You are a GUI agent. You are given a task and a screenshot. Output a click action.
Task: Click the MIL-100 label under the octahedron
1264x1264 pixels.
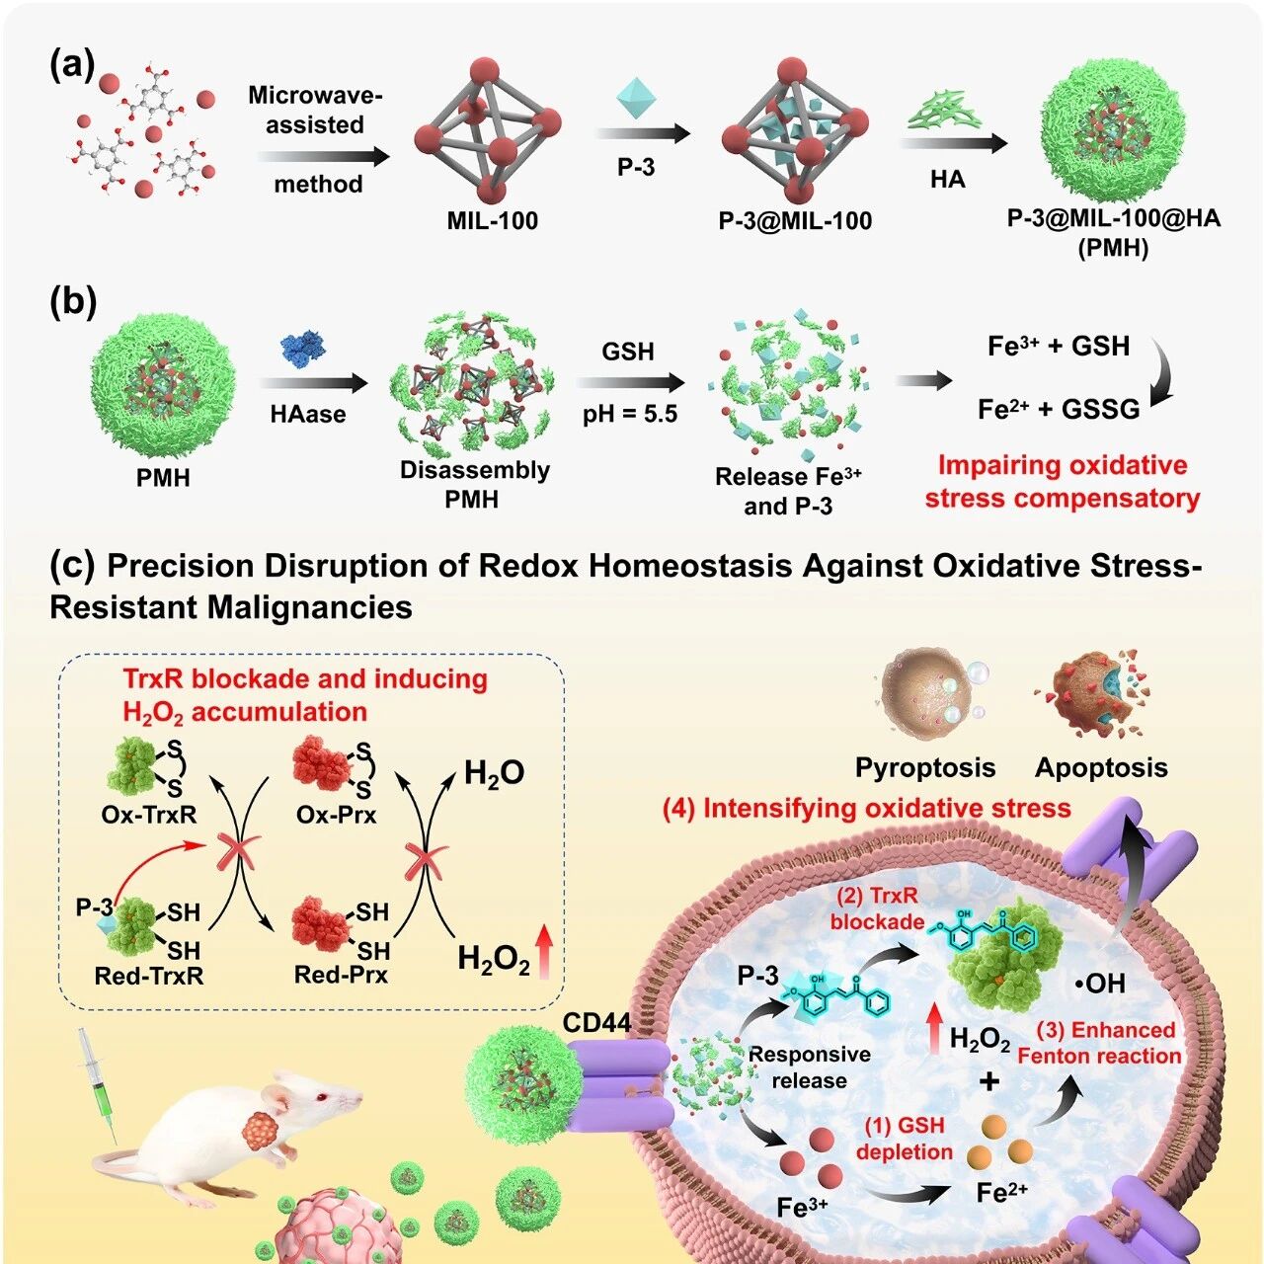pyautogui.click(x=492, y=220)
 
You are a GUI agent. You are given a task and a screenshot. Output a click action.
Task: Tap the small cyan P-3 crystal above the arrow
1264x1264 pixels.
pyautogui.click(x=636, y=100)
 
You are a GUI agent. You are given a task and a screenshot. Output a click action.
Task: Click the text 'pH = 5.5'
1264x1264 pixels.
pyautogui.click(x=629, y=413)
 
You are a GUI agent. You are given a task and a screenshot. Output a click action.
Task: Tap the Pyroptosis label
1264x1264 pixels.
pyautogui.click(x=924, y=767)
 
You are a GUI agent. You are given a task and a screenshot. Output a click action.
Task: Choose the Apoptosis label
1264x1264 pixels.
pyautogui.click(x=1101, y=767)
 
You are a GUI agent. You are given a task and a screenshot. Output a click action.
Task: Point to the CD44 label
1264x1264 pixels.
pyautogui.click(x=596, y=1023)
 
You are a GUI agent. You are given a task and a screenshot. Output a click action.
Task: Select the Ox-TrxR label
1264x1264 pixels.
pyautogui.click(x=148, y=816)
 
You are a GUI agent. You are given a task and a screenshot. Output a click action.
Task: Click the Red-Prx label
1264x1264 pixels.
pyautogui.click(x=341, y=975)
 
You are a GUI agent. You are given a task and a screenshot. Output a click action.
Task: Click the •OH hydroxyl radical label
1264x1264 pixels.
pyautogui.click(x=1099, y=983)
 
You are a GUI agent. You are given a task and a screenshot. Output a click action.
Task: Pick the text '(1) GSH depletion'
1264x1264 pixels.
pyautogui.click(x=905, y=1139)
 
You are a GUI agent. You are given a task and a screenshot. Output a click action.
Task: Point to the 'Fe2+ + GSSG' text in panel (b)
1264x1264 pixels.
pyautogui.click(x=1059, y=408)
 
